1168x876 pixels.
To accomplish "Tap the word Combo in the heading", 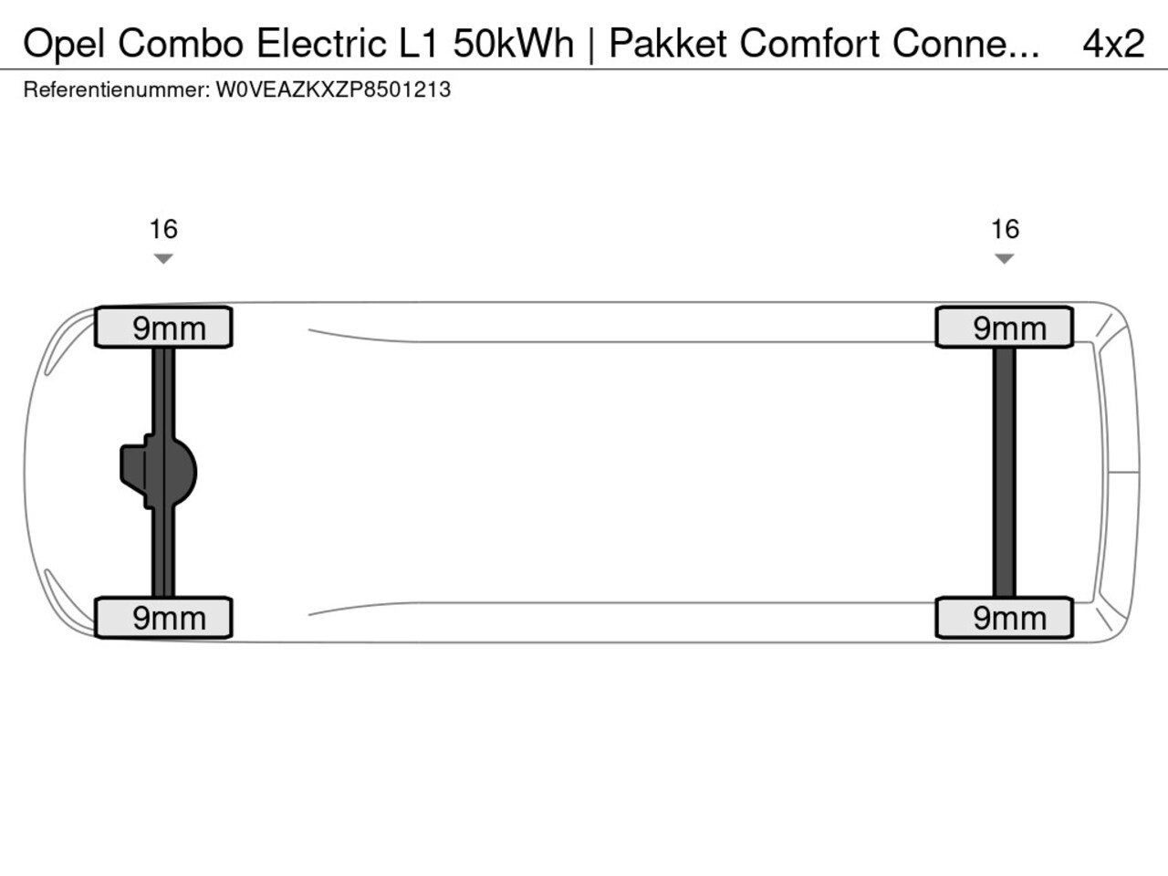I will coord(181,43).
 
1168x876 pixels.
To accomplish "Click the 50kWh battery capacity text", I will coord(513,43).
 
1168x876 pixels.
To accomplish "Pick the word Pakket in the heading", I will coord(668,43).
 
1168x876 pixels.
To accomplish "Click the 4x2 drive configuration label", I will coord(1112,43).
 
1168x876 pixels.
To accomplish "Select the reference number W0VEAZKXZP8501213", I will coord(333,90).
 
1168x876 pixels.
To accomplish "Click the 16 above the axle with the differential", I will coord(163,229).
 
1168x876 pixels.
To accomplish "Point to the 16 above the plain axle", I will coord(1005,229).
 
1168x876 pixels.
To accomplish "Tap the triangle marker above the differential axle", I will coord(163,259).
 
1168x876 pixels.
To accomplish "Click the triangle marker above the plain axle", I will coord(1005,259).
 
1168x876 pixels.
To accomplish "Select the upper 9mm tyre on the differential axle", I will coord(164,328).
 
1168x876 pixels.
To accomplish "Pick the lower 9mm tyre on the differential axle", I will coord(164,618).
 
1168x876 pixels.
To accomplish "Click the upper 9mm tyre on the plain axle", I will coord(1005,328).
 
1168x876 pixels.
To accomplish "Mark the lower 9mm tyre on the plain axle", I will coord(1005,618).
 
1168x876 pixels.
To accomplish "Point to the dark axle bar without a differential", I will coord(1004,472).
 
